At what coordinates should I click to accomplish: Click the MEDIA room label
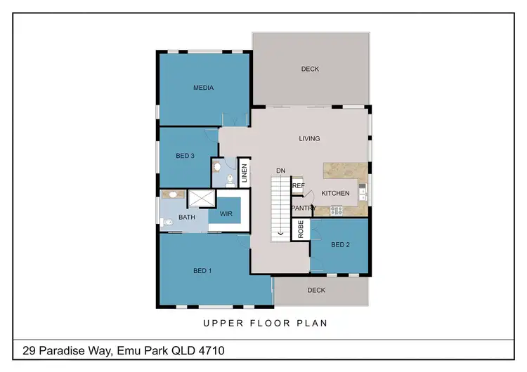pos(203,88)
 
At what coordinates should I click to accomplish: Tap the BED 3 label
pos(185,155)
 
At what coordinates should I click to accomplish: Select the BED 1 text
pos(202,271)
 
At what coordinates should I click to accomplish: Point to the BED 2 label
pos(340,244)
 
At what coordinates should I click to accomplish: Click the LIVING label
pos(309,138)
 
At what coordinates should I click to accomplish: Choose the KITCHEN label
pos(335,193)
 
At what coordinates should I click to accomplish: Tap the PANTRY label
pos(304,208)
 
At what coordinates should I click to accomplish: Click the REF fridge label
pos(299,186)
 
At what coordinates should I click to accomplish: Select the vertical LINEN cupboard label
pos(245,173)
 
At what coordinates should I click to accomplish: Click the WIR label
pos(226,213)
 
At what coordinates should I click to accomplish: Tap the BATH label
pos(187,218)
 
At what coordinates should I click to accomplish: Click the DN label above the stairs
pos(280,171)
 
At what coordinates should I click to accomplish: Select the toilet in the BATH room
pos(166,223)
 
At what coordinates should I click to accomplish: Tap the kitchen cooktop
pos(335,209)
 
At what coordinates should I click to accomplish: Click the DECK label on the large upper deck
pos(310,69)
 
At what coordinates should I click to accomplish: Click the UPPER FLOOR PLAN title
pos(266,324)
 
